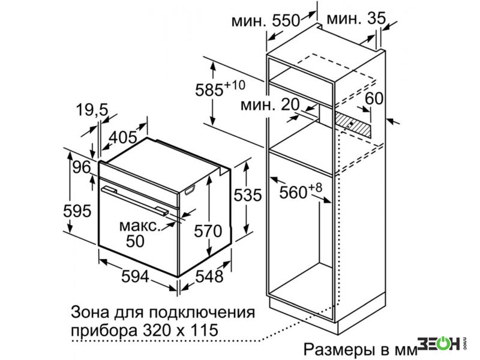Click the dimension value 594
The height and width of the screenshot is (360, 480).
point(136,277)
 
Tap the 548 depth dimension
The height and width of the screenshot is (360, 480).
point(209,277)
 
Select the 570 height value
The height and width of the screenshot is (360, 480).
point(208,231)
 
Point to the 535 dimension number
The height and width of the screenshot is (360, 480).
point(248,195)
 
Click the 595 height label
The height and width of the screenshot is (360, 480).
point(77,211)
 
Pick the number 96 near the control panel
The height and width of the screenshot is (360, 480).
point(82,167)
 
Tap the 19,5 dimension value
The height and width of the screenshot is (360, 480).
point(92,110)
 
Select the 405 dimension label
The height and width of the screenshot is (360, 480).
point(124,137)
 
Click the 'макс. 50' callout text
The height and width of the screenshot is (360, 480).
point(140,233)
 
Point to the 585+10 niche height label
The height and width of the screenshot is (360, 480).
point(220,88)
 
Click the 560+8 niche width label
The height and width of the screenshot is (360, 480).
point(301,191)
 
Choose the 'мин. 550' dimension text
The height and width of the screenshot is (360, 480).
point(265,21)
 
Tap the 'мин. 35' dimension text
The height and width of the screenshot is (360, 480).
point(356,19)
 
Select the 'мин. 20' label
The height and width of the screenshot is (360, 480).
point(270,104)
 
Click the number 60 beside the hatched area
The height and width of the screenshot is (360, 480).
point(374,98)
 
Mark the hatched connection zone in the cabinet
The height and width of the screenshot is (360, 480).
point(352,125)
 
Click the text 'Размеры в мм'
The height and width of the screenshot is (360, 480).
point(361,349)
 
